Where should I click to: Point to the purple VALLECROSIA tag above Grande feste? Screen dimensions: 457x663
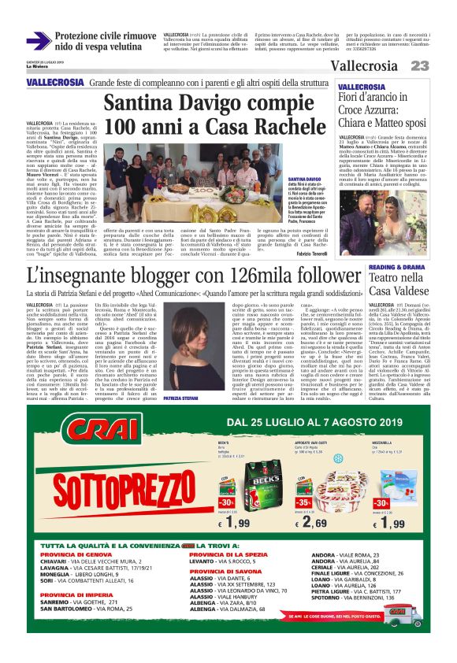(x=54, y=83)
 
